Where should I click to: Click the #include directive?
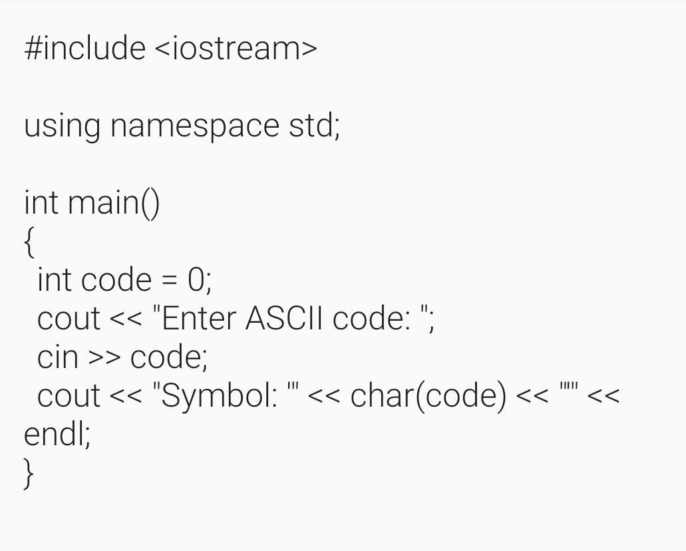pyautogui.click(x=85, y=49)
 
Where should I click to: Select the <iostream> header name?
pyautogui.click(x=236, y=49)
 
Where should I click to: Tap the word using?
pyautogui.click(x=62, y=126)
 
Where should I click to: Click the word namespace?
pyautogui.click(x=194, y=126)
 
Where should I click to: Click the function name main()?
pyautogui.click(x=114, y=202)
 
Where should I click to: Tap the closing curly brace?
pyautogui.click(x=29, y=473)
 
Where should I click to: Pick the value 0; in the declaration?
pyautogui.click(x=199, y=279)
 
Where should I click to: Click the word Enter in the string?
pyautogui.click(x=199, y=318)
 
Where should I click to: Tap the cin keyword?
pyautogui.click(x=58, y=357)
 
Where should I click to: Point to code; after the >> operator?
pyautogui.click(x=169, y=357)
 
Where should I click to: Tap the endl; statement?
pyautogui.click(x=57, y=435)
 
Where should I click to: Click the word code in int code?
pyautogui.click(x=116, y=279)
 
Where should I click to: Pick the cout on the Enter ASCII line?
pyautogui.click(x=69, y=319)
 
